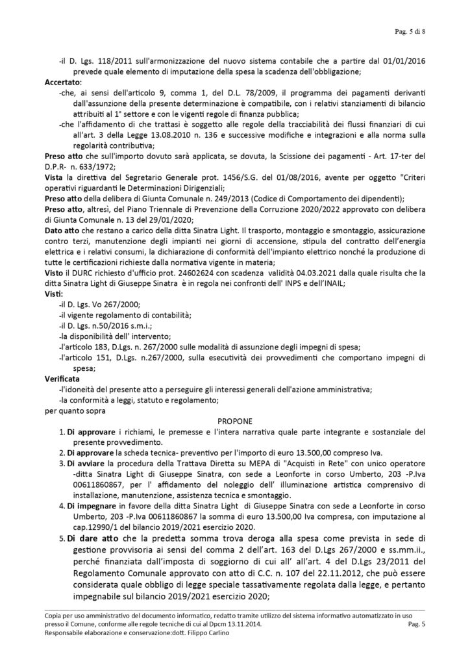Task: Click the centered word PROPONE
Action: pos(235,421)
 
